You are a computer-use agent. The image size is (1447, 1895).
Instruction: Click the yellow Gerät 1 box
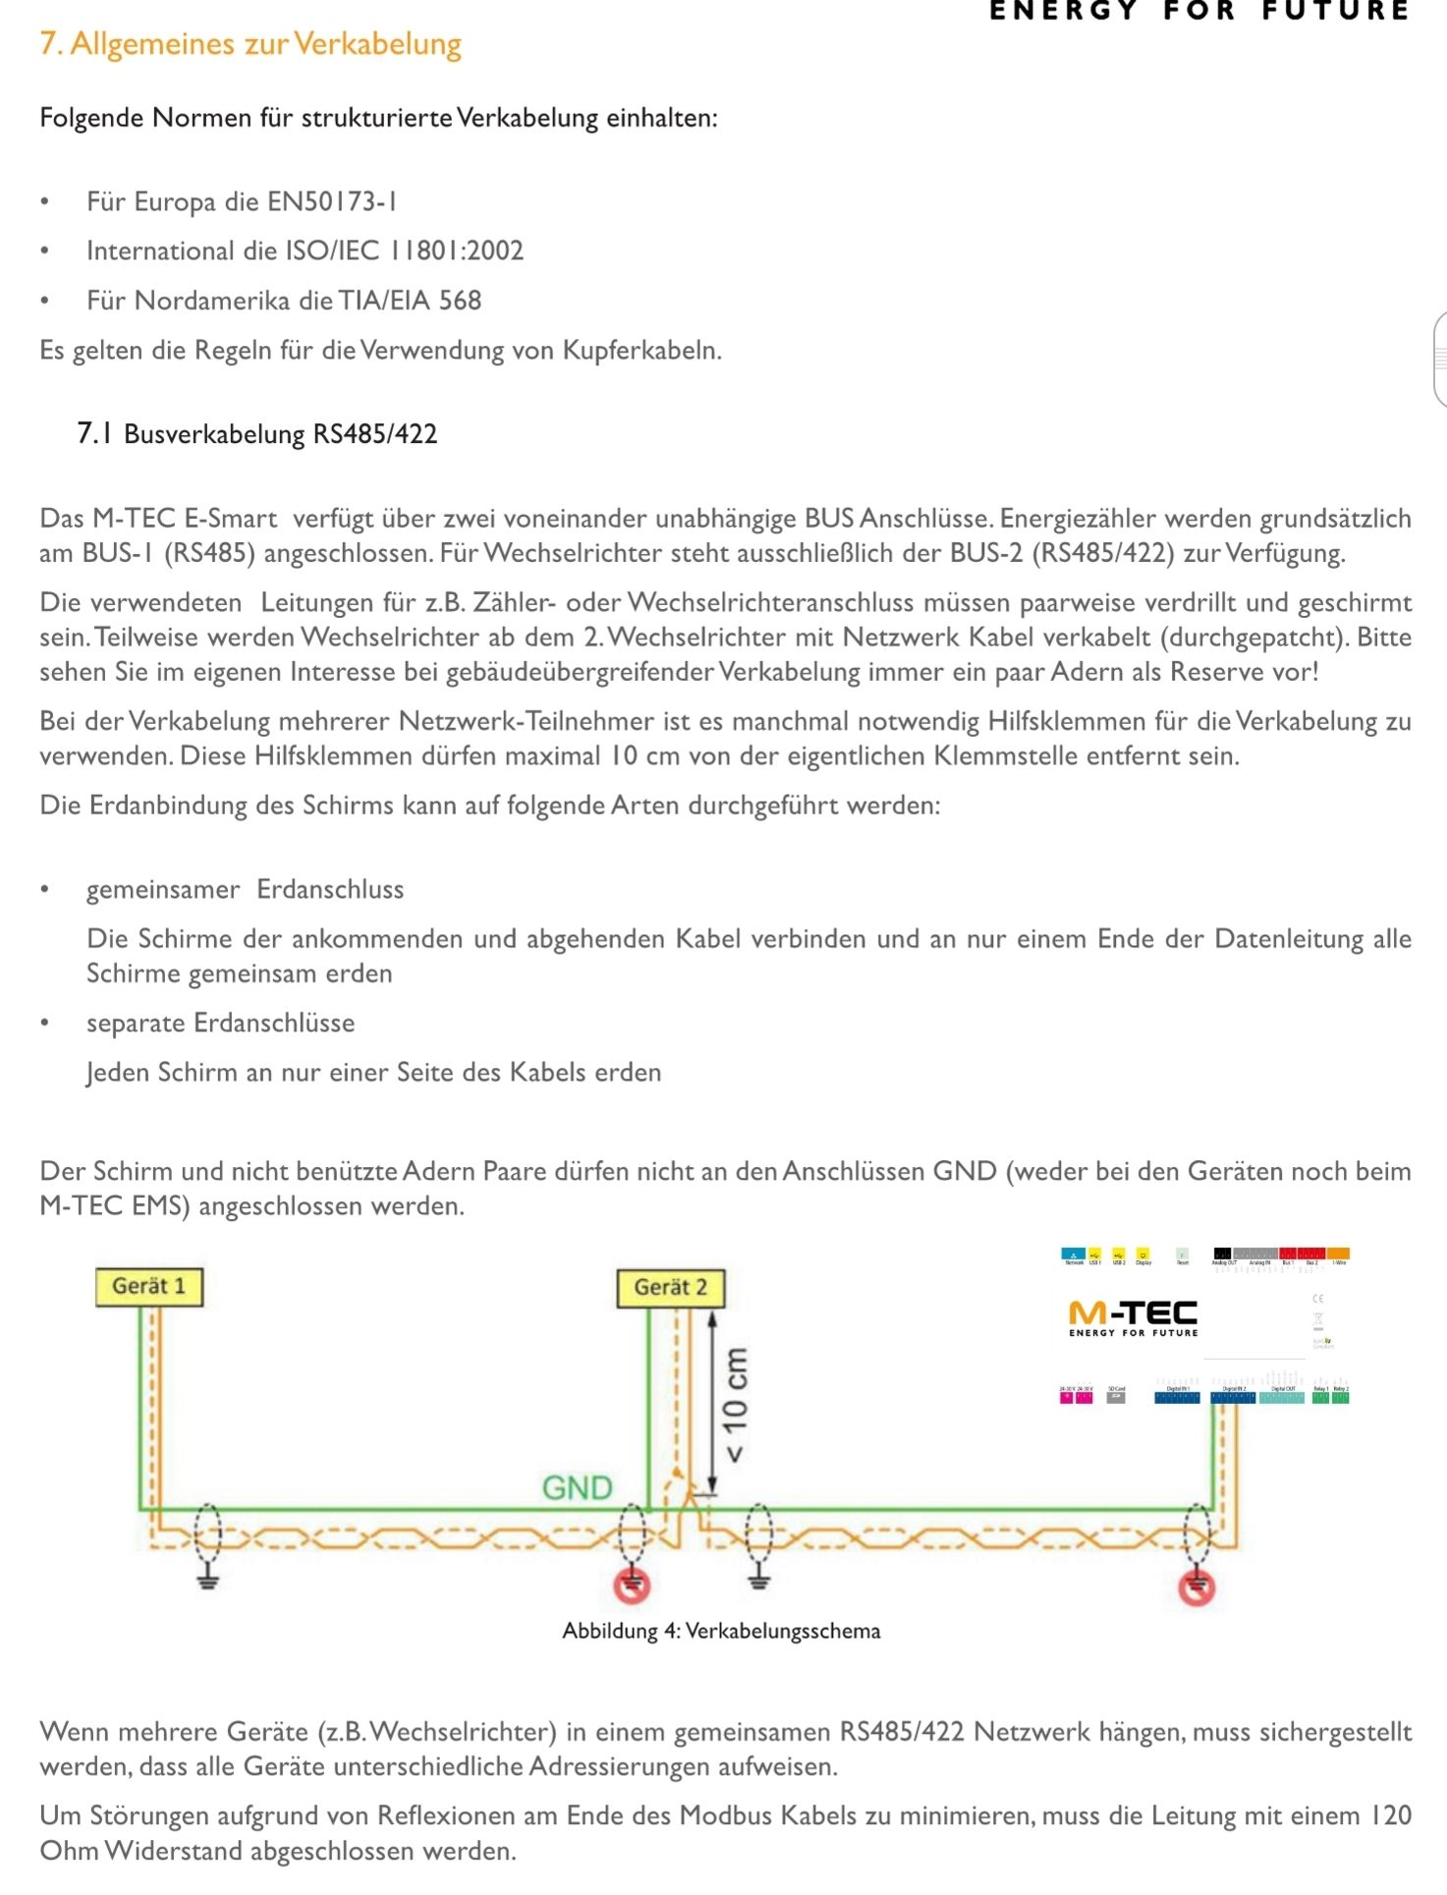[149, 1286]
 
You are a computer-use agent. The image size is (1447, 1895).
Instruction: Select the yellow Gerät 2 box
[671, 1287]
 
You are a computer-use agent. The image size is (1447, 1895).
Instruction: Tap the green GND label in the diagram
[577, 1487]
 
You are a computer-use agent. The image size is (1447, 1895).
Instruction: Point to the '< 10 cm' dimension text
[734, 1404]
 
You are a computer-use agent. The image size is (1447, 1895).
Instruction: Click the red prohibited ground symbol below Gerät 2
[633, 1584]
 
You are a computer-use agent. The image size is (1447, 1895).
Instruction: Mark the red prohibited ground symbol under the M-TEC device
[1197, 1586]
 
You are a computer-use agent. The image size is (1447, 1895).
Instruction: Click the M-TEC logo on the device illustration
[1133, 1317]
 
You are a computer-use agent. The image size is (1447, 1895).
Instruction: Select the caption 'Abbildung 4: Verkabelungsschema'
[721, 1631]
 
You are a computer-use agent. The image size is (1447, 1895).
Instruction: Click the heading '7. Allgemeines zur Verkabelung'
[250, 44]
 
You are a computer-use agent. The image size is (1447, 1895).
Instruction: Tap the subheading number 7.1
[94, 433]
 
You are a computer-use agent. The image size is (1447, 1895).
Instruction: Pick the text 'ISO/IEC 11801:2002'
[404, 251]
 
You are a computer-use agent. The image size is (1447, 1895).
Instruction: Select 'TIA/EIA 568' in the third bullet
[410, 300]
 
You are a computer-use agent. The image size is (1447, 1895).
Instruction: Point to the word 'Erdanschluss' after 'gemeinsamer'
[330, 889]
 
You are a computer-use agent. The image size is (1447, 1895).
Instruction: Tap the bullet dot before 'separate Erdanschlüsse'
[44, 1023]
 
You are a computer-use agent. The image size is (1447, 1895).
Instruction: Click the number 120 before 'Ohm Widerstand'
[1390, 1815]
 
